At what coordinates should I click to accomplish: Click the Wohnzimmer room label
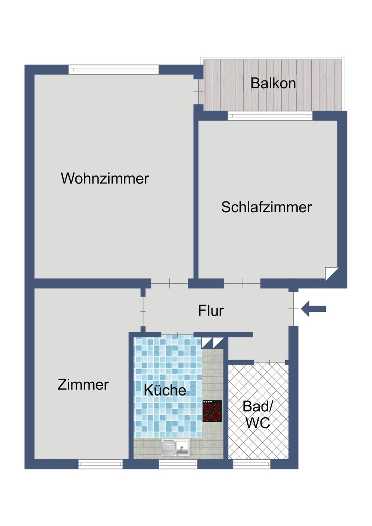[x=105, y=178]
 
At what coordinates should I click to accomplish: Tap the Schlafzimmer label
[x=266, y=207]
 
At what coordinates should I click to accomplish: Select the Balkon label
[x=273, y=83]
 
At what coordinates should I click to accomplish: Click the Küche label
[x=165, y=390]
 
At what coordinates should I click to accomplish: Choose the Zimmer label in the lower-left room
[x=83, y=385]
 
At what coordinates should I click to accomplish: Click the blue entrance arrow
[x=314, y=309]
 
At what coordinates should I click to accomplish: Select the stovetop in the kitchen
[x=212, y=411]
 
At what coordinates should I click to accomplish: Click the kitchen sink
[x=176, y=447]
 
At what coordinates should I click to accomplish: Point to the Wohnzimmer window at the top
[x=113, y=70]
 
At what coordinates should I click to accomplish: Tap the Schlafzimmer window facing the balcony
[x=270, y=116]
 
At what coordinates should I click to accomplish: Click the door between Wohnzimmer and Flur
[x=169, y=283]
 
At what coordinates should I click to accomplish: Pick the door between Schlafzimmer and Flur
[x=242, y=283]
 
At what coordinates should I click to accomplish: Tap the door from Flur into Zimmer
[x=143, y=312]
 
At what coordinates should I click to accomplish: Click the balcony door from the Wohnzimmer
[x=199, y=91]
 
